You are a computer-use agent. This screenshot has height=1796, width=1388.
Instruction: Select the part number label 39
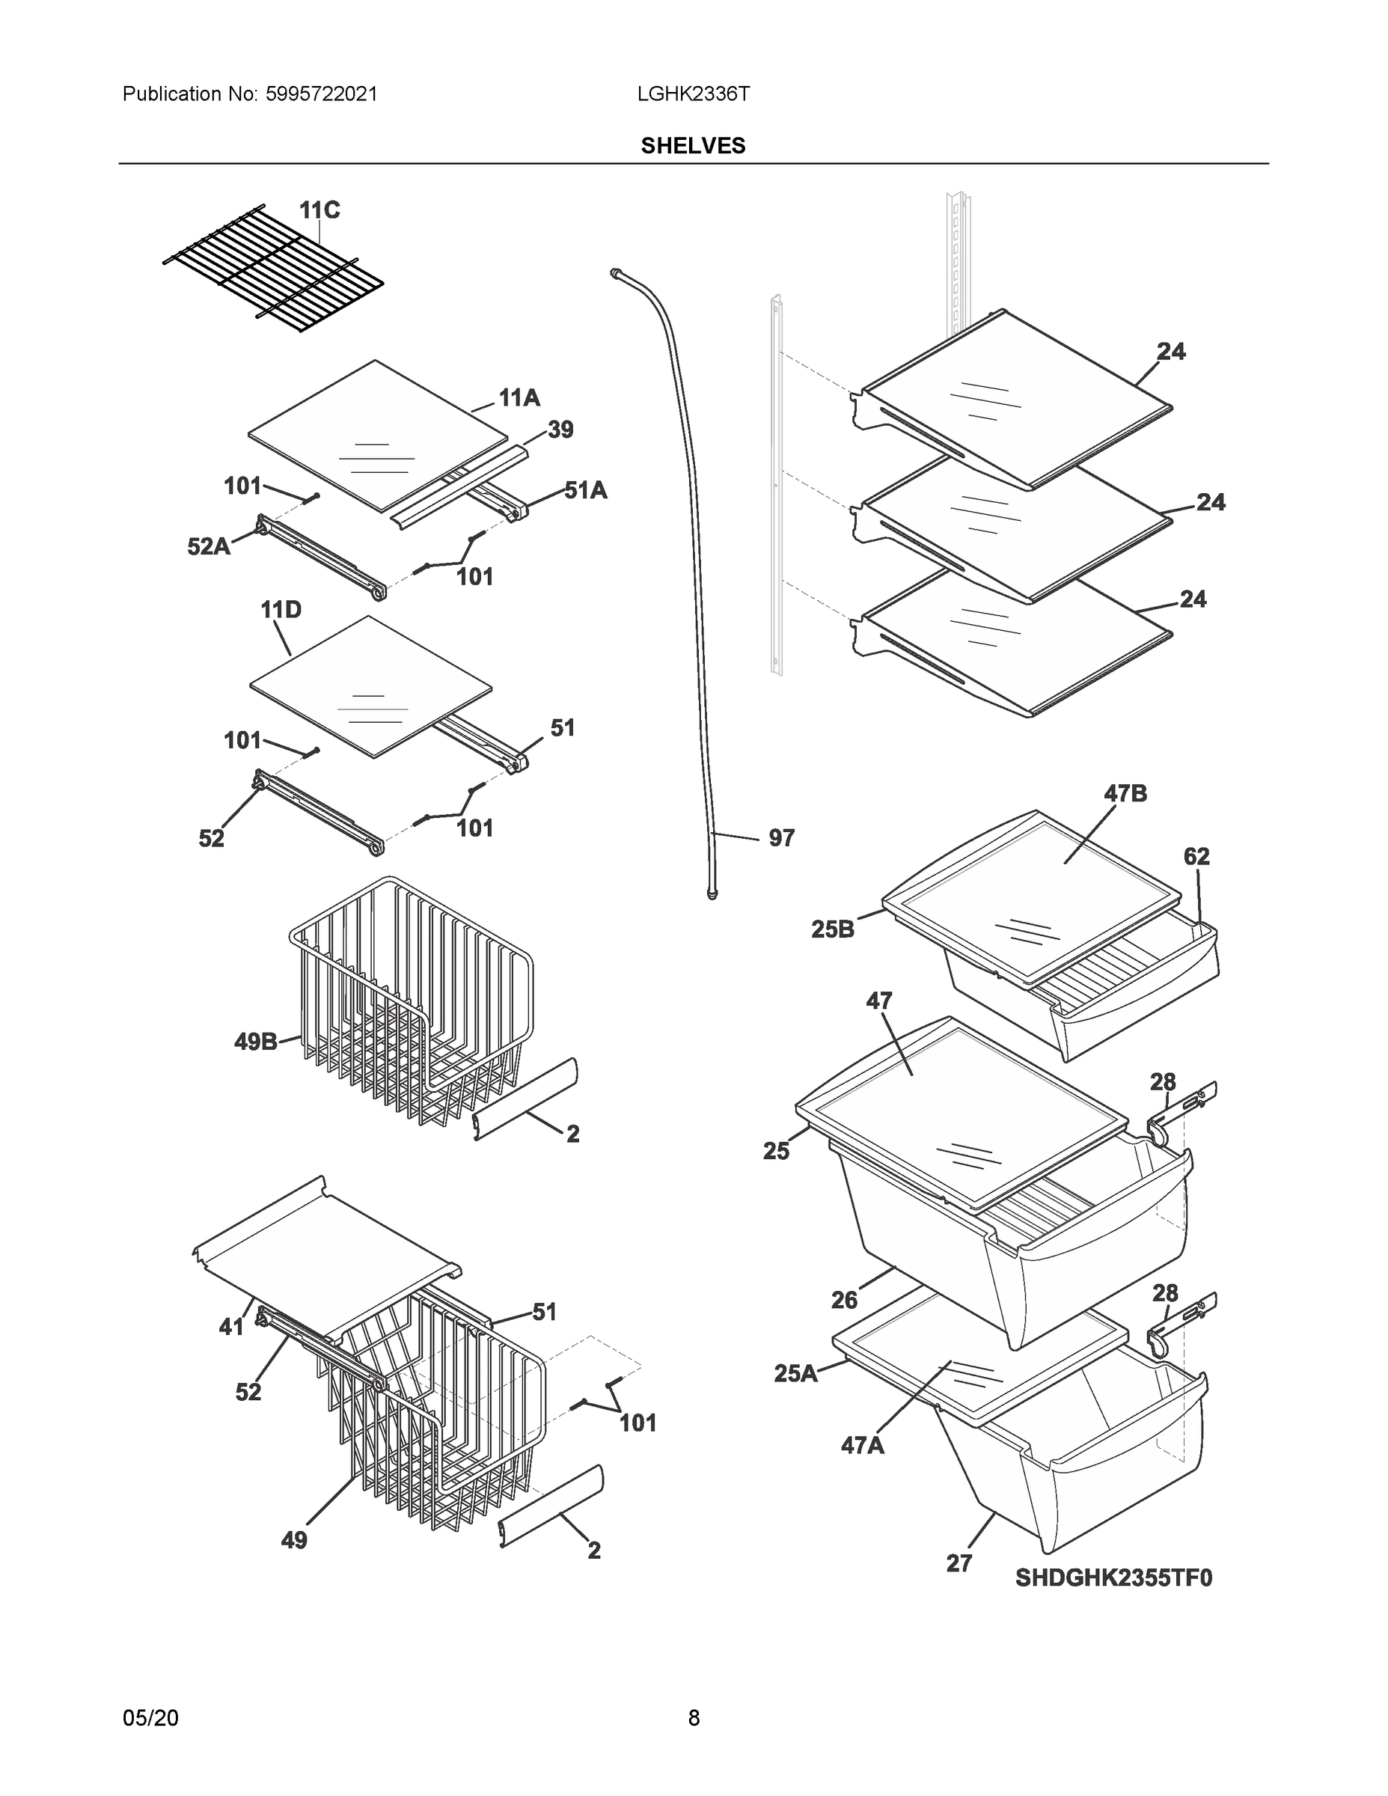point(560,430)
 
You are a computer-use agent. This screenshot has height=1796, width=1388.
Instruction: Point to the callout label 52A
point(208,546)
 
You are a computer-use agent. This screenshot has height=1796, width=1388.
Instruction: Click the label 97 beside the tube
point(781,838)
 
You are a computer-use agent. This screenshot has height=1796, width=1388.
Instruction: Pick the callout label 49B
point(256,1042)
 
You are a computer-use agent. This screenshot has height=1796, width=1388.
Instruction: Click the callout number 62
point(1196,856)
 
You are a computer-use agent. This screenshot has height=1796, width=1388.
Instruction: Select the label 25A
point(795,1372)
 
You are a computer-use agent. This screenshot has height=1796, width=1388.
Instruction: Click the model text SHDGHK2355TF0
point(1113,1577)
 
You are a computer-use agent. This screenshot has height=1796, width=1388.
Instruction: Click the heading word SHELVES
point(692,146)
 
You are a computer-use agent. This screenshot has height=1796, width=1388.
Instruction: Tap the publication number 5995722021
point(322,94)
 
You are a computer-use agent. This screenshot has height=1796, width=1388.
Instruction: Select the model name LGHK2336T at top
point(692,94)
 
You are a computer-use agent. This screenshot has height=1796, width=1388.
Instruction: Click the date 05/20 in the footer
point(150,1717)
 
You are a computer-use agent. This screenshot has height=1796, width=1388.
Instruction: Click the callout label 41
point(231,1327)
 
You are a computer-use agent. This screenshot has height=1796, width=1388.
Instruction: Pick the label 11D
point(281,609)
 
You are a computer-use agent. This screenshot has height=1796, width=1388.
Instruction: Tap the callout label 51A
point(585,490)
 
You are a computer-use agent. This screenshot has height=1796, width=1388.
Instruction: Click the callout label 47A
point(862,1445)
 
